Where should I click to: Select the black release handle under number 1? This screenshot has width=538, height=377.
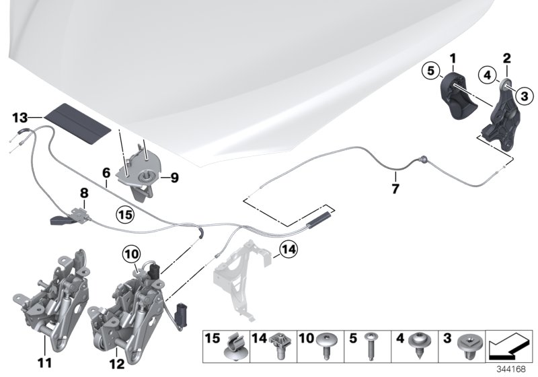click(456, 100)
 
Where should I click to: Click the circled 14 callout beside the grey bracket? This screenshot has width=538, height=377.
click(288, 251)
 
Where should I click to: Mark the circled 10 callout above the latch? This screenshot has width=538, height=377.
click(130, 254)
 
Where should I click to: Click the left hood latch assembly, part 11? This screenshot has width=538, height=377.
click(54, 289)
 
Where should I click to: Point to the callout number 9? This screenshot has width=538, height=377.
click(174, 178)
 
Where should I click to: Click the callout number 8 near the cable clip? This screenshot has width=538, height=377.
click(84, 192)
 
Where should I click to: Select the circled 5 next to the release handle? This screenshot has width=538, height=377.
click(431, 69)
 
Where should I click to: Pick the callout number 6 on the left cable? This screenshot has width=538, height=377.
click(106, 173)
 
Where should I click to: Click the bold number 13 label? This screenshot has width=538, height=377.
click(21, 117)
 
